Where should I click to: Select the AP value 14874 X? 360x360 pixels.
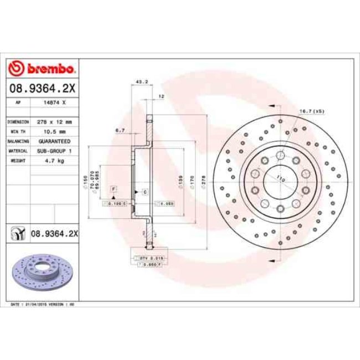click(x=55, y=103)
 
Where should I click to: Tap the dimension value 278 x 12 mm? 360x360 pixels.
click(x=55, y=121)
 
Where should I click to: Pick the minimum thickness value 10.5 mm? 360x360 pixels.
click(x=55, y=131)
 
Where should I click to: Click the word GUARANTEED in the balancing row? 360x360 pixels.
click(x=55, y=141)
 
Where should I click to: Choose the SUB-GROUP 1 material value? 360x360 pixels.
click(x=55, y=151)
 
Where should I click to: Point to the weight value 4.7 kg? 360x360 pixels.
click(x=55, y=161)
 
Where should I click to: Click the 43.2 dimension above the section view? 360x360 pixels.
click(x=141, y=82)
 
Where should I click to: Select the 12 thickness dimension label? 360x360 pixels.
click(x=161, y=96)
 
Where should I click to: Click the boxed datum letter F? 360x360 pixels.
click(x=113, y=189)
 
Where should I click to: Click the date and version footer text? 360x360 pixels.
click(x=43, y=305)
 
